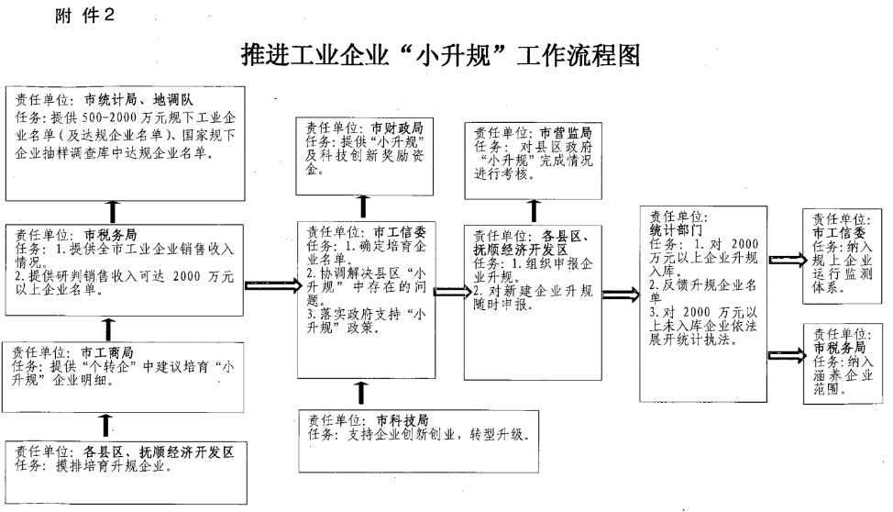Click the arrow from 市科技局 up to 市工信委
pos(360,393)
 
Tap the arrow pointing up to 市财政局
pos(363,207)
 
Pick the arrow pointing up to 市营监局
pos(533,210)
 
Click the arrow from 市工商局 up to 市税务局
pos(109,327)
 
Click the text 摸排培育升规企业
pos(120,465)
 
